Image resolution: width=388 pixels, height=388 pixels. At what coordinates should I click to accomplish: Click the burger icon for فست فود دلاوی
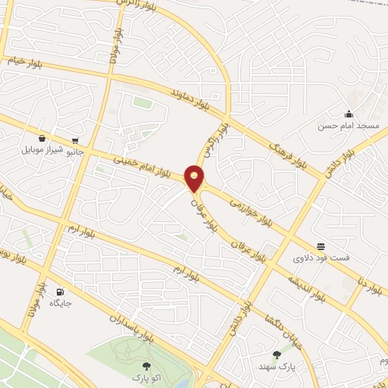322,246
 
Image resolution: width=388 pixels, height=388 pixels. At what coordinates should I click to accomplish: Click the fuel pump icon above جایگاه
60,292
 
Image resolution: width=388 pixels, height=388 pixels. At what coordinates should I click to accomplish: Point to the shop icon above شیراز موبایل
41,139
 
